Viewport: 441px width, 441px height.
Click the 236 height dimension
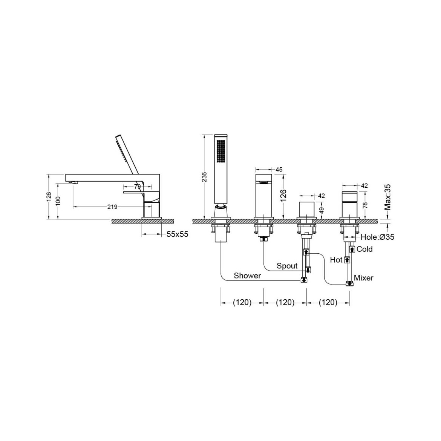pos(205,177)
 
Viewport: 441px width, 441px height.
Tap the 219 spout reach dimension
pos(112,207)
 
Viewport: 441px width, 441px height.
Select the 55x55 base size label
pos(177,234)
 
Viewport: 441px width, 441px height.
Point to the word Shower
pos(248,276)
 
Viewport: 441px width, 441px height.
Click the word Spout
pos(287,266)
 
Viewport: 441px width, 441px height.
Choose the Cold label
pos(364,249)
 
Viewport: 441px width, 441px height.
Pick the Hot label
pos(336,260)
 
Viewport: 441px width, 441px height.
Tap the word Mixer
pos(363,278)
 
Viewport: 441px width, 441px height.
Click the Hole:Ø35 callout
pos(377,237)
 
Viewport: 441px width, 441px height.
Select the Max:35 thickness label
pos(387,198)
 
